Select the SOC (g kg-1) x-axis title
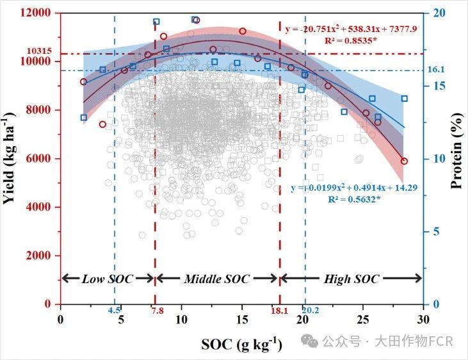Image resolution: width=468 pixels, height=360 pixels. (241, 344)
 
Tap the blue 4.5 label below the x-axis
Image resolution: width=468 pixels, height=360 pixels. (114, 311)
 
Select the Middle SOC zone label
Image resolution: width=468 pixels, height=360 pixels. (216, 279)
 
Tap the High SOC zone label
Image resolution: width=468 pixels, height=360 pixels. (351, 279)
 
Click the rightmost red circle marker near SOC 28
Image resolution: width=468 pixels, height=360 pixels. (404, 161)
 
